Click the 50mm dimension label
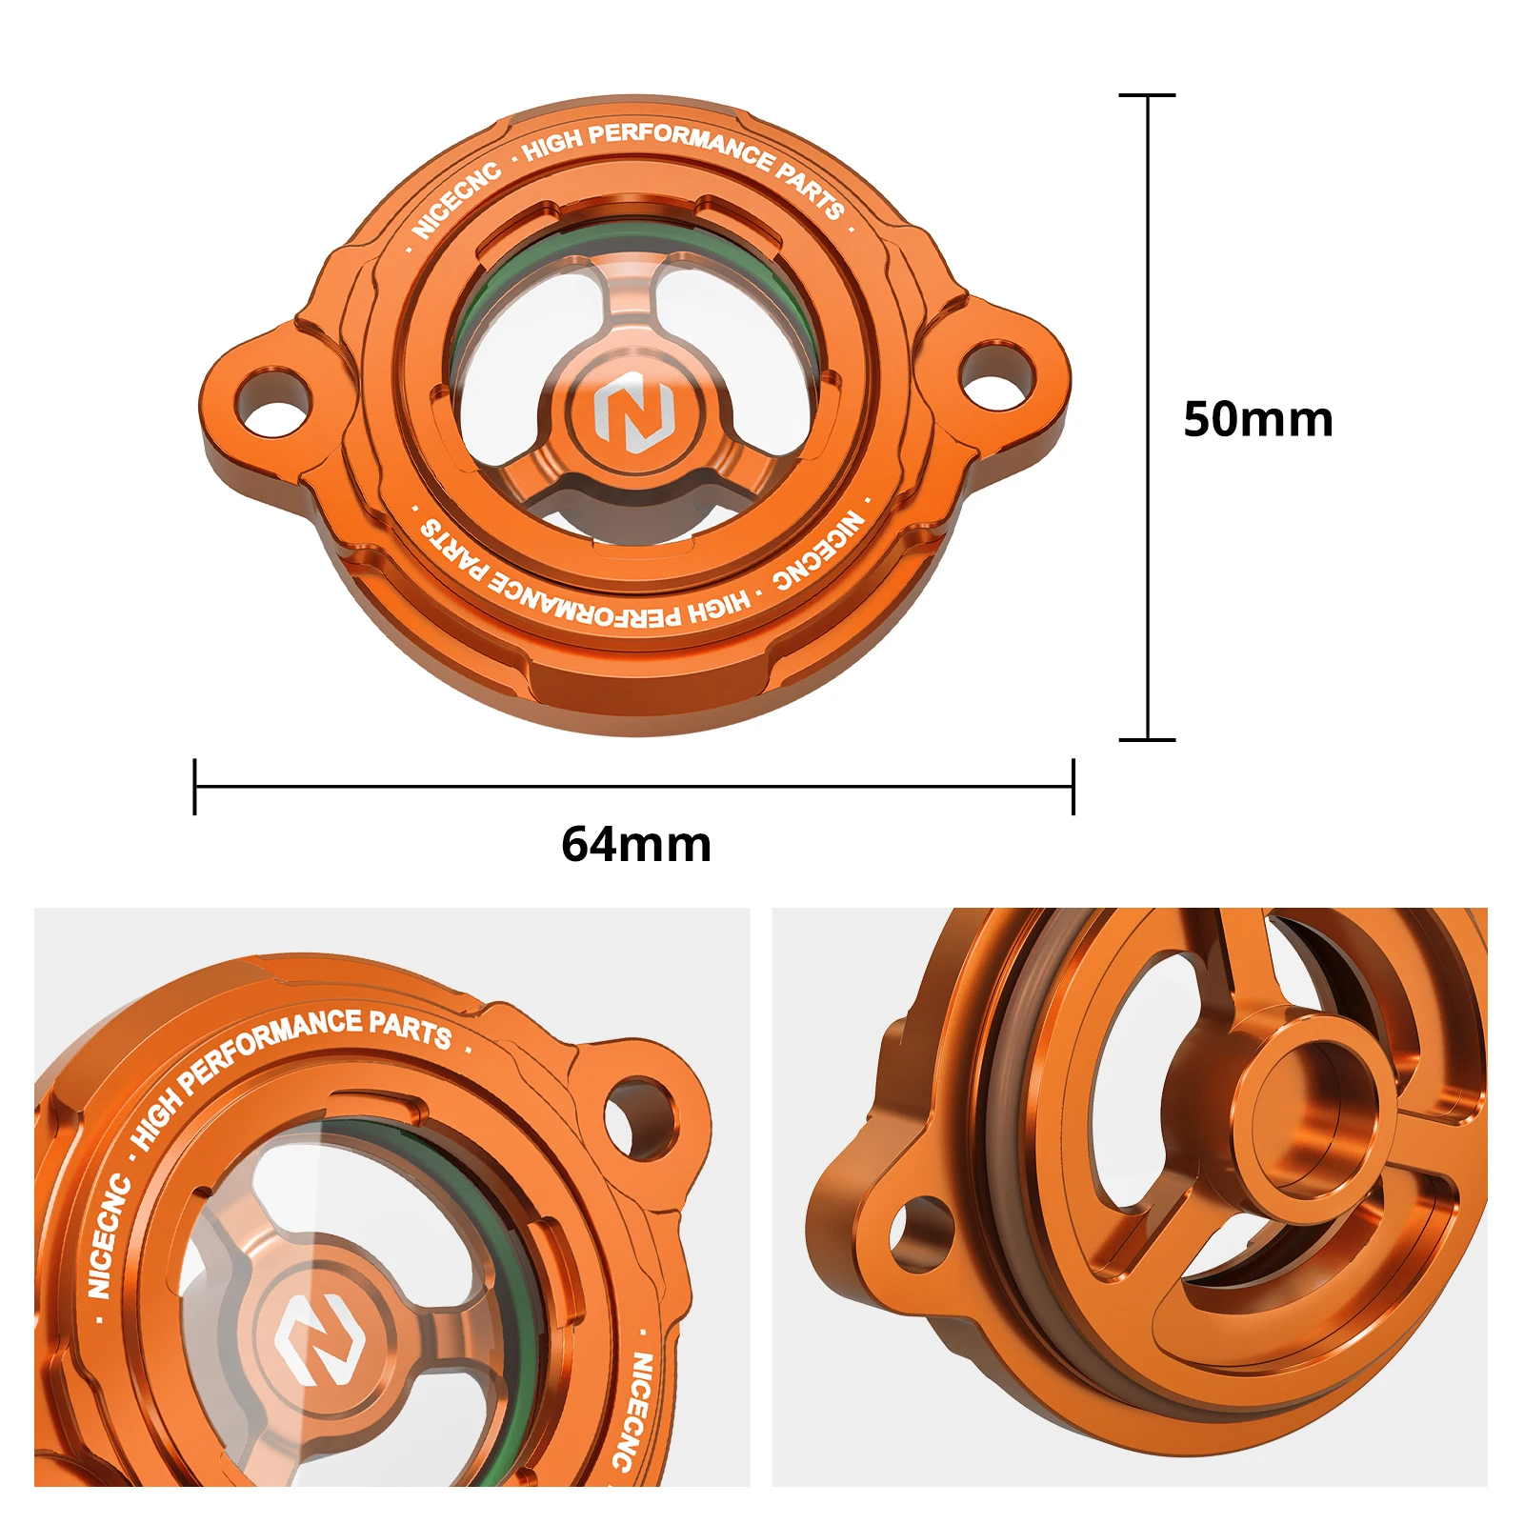coord(1257,419)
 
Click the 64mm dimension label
coord(635,844)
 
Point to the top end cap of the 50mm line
coord(1147,95)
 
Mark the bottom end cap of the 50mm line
coord(1147,739)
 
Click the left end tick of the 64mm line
coord(194,787)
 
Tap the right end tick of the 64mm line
coord(1073,787)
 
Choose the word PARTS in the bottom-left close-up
coord(410,1029)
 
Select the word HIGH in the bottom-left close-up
coord(155,1117)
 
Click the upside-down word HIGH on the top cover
coord(718,608)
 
